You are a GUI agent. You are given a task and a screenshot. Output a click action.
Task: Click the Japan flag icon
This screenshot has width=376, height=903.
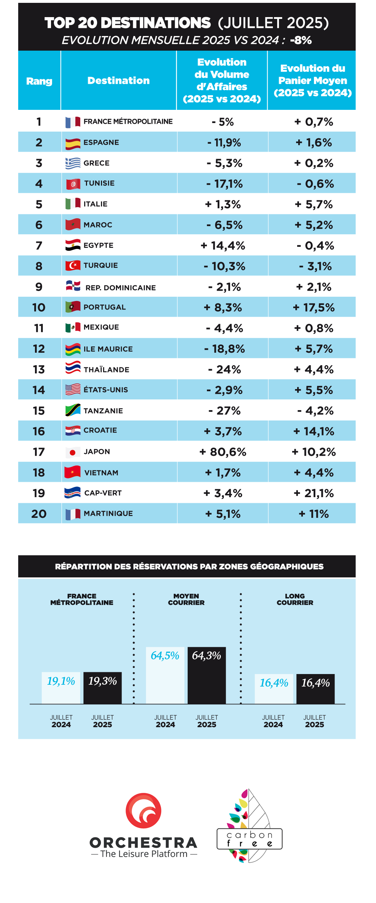click(73, 452)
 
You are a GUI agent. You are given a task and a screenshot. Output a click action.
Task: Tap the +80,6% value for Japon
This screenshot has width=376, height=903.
click(223, 452)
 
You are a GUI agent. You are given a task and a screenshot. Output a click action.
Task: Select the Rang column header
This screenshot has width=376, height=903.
click(39, 81)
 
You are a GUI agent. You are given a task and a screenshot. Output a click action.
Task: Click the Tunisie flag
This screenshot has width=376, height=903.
click(73, 184)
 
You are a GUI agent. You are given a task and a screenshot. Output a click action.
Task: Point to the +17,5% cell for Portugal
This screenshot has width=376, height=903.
click(314, 307)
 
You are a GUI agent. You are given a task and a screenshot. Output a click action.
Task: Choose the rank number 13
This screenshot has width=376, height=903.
click(39, 369)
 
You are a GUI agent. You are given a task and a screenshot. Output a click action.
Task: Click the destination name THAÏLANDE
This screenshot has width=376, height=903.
click(106, 370)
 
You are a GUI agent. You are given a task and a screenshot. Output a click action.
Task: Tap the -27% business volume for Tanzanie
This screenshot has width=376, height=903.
click(224, 410)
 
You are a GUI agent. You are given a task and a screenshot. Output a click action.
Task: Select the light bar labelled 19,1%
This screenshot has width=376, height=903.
click(61, 688)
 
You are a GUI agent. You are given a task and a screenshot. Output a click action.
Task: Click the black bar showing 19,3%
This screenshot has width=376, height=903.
click(103, 688)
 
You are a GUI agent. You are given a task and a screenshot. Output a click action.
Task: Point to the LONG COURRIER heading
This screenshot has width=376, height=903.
click(295, 599)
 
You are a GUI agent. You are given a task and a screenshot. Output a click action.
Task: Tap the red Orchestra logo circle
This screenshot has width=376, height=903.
click(143, 810)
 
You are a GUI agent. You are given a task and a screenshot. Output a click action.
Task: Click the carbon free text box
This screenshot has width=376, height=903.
click(249, 839)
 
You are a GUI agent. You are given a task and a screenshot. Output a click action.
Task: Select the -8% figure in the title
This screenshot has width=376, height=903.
click(301, 40)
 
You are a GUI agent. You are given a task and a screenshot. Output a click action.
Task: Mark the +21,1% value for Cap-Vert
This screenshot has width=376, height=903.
click(314, 493)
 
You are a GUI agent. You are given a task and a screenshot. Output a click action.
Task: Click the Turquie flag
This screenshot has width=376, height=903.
click(73, 265)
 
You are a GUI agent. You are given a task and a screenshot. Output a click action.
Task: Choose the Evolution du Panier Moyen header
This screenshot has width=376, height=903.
click(313, 81)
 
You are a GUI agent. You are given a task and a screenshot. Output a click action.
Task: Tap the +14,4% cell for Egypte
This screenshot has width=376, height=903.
click(223, 246)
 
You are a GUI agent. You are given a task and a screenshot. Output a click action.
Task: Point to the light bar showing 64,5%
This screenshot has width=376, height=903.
click(165, 675)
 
